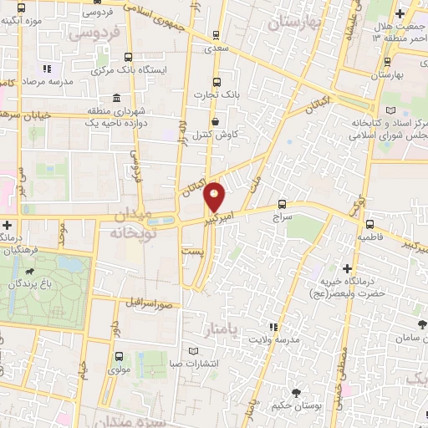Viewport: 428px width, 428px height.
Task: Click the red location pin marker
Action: [x=215, y=196]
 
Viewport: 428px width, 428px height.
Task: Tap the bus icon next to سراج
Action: [x=280, y=203]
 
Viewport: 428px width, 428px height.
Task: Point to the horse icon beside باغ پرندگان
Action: [x=31, y=272]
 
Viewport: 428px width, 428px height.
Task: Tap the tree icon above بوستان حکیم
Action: [x=297, y=393]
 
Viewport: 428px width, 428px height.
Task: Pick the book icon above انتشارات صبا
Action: [x=194, y=351]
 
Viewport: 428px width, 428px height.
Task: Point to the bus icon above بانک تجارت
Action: [x=217, y=82]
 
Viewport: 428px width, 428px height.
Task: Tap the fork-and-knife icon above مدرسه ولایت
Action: [x=272, y=326]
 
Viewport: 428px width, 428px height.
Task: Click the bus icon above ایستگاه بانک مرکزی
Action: [x=128, y=57]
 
